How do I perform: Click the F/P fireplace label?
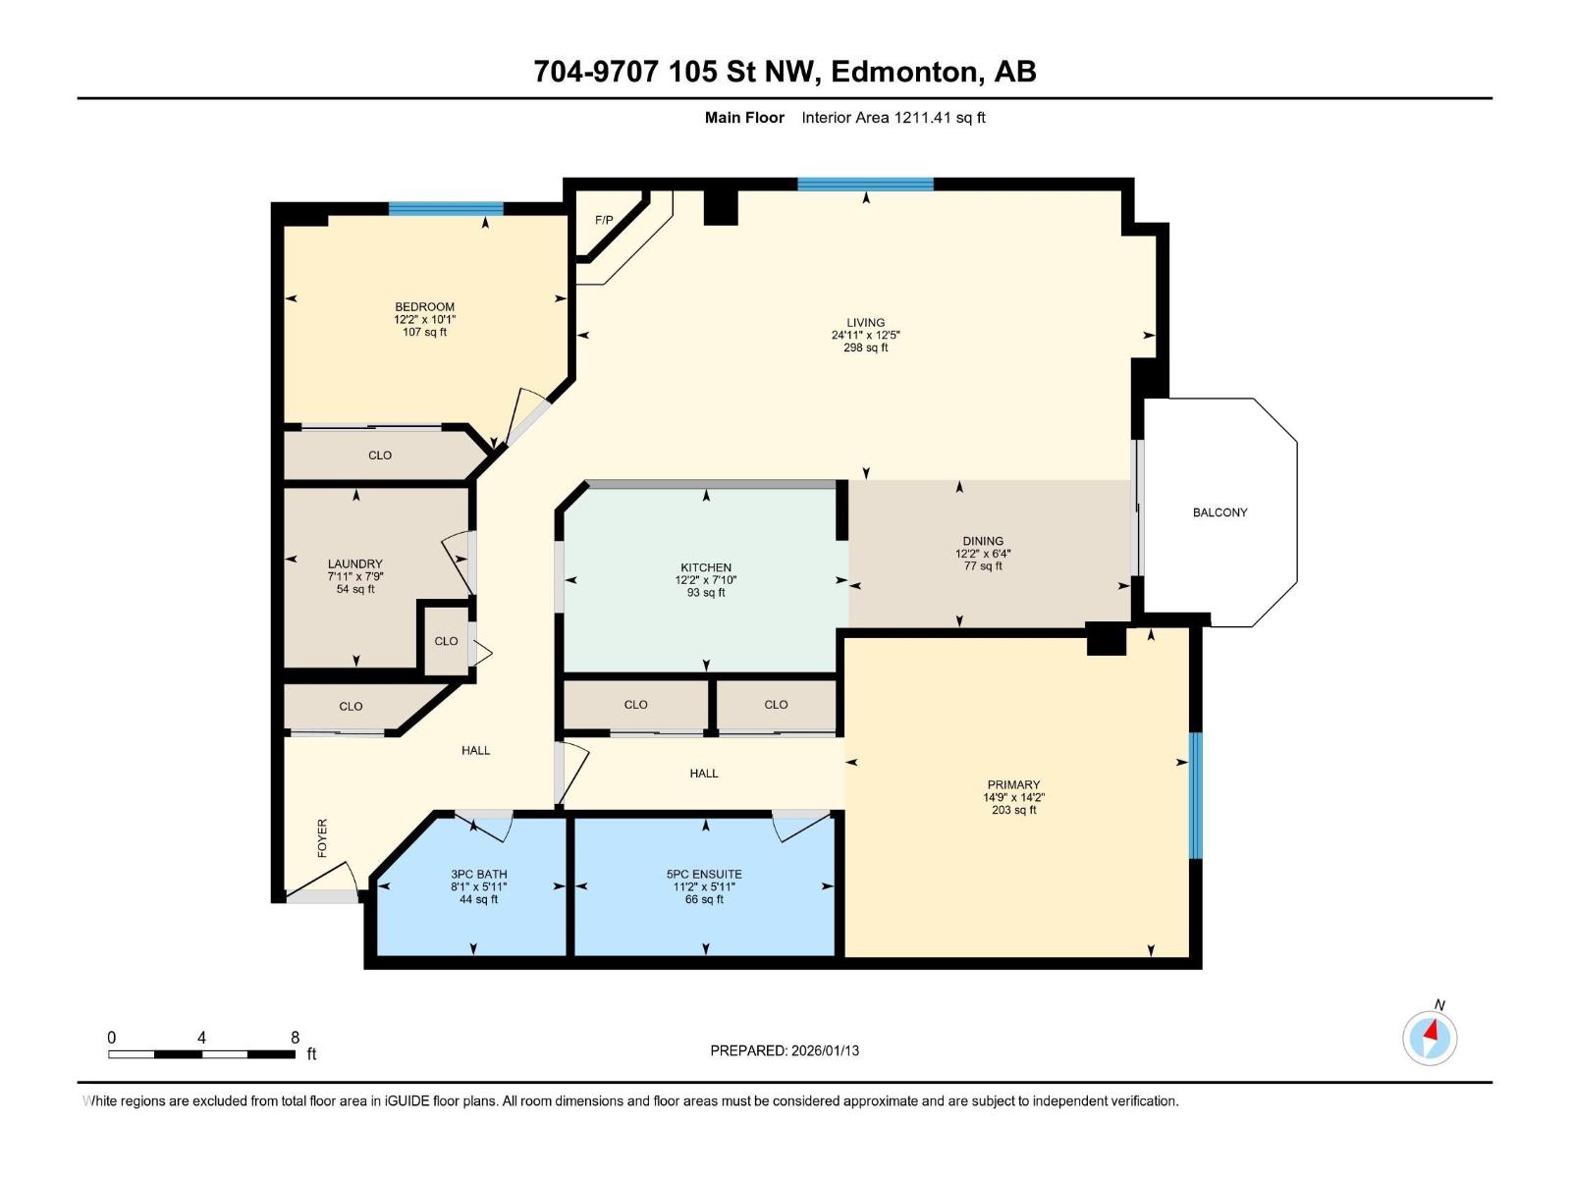point(604,220)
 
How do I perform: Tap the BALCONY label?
point(1219,512)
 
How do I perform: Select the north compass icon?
point(1430,1038)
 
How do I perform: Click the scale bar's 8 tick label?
point(295,1038)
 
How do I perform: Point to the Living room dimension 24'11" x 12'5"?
point(865,335)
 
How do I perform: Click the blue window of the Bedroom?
point(446,208)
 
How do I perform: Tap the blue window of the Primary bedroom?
point(1195,795)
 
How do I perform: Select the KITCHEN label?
point(706,567)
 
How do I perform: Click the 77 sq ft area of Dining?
point(983,566)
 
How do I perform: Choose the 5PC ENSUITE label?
point(704,874)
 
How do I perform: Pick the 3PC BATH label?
point(479,874)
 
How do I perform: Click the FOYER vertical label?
point(322,838)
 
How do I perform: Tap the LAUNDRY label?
point(354,563)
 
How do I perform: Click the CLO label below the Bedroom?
point(380,455)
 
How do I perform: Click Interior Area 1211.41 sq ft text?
point(893,118)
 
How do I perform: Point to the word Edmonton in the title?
point(906,72)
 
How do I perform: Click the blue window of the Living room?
point(865,184)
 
